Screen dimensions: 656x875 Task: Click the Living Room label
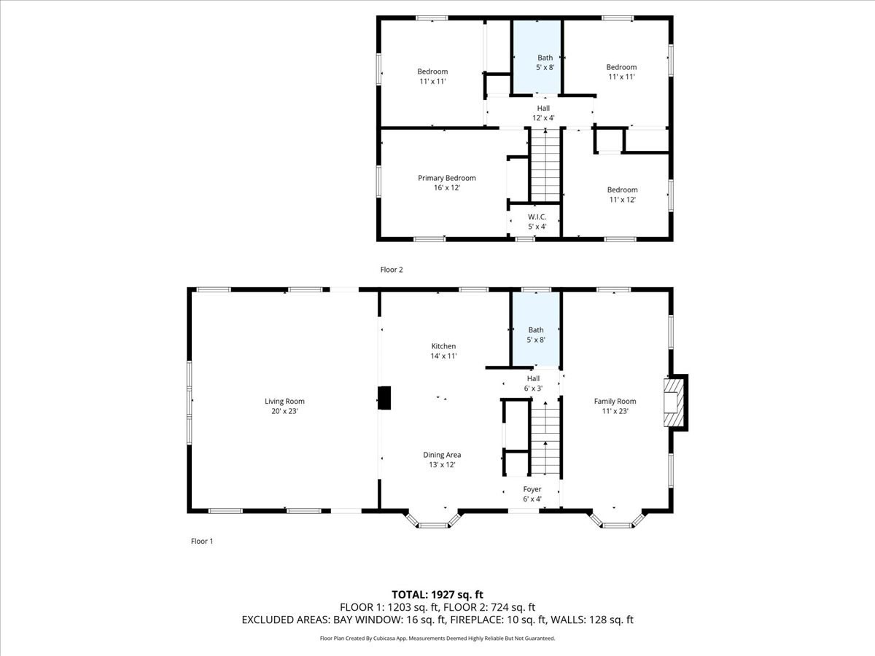click(x=284, y=401)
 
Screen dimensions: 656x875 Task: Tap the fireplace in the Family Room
click(x=674, y=402)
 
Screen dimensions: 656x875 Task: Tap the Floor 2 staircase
click(x=545, y=166)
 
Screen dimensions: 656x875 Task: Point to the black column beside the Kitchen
click(x=384, y=399)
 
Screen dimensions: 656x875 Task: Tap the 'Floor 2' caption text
click(x=392, y=270)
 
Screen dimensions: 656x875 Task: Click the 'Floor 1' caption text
click(x=202, y=542)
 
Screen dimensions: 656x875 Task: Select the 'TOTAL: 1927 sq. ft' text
click(x=437, y=594)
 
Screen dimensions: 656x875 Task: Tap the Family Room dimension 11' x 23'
click(x=615, y=411)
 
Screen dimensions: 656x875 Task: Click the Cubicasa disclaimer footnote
click(x=437, y=639)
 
